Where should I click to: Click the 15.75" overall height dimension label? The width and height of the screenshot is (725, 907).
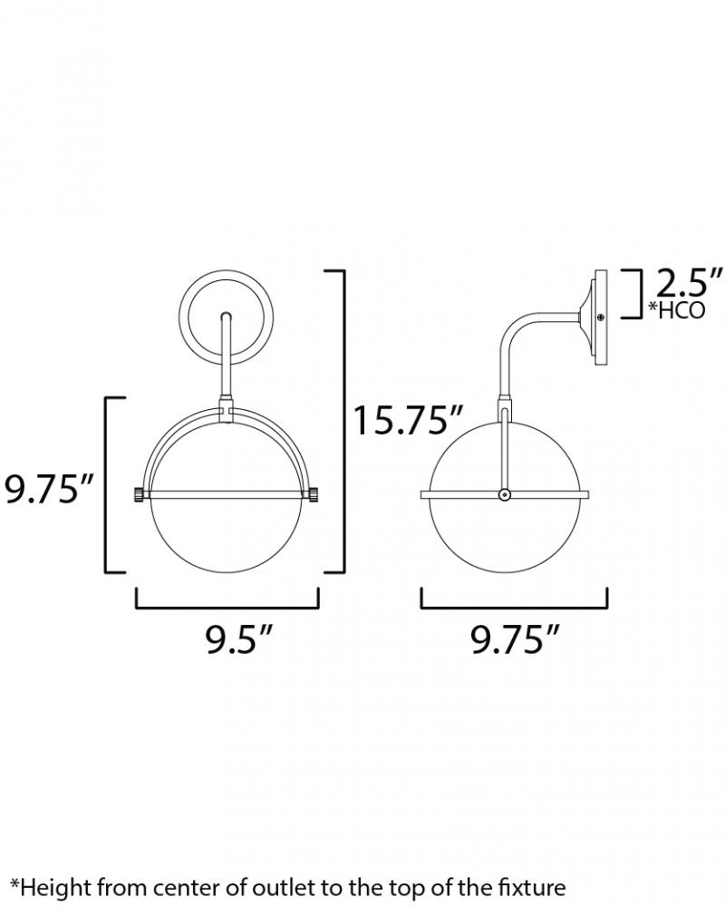tap(408, 420)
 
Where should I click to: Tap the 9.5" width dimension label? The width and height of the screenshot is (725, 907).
tap(238, 639)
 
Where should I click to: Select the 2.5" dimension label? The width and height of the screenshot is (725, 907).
tap(689, 282)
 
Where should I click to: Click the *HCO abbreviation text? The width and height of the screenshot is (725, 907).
tap(676, 310)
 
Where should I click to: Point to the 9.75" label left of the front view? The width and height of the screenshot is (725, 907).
tap(49, 489)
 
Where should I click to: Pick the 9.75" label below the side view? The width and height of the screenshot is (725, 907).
tap(515, 639)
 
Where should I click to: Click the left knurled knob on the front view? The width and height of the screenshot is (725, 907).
tap(139, 495)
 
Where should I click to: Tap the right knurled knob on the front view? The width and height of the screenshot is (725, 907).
tap(314, 495)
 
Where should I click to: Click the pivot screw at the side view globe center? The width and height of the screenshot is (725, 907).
tap(505, 494)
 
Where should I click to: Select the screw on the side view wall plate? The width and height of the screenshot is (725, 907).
tap(601, 317)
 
